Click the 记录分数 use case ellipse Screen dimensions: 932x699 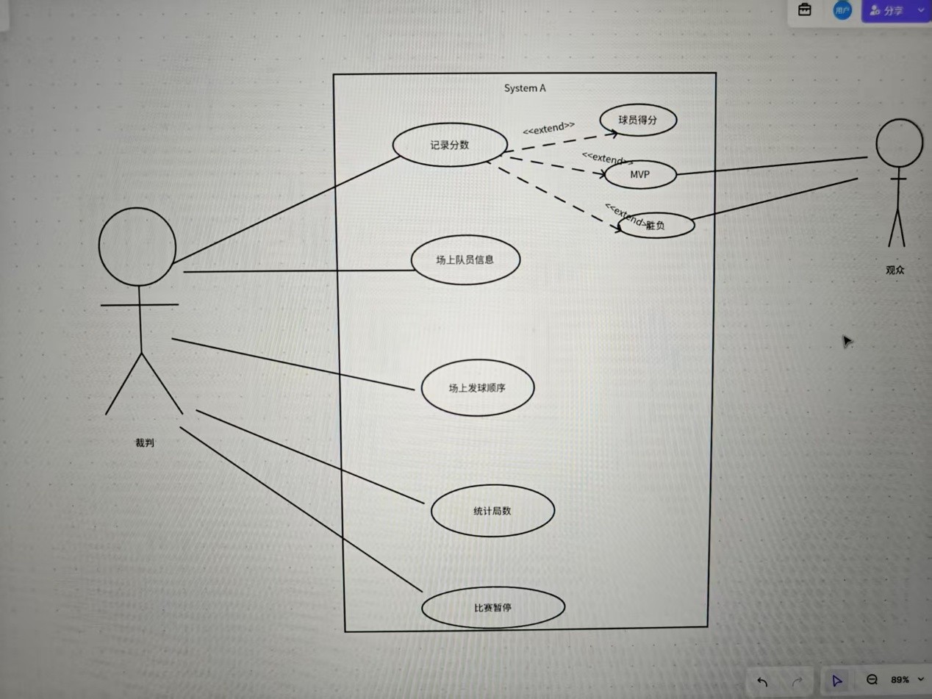(x=450, y=145)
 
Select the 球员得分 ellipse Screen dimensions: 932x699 (x=637, y=121)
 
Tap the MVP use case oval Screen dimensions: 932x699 (x=639, y=175)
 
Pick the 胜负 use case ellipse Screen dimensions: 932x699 (x=657, y=226)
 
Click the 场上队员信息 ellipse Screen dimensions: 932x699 (x=465, y=259)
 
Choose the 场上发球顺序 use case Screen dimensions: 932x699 (x=477, y=388)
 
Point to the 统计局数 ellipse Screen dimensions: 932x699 (x=492, y=511)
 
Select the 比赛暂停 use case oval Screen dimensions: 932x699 (x=492, y=608)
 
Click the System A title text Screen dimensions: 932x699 (x=525, y=88)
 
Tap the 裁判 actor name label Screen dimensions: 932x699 (x=145, y=442)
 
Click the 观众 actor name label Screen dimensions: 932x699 (x=895, y=270)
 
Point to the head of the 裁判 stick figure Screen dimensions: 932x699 (x=137, y=246)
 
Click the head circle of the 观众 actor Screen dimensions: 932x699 (x=899, y=143)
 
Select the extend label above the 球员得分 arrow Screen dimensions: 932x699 (x=548, y=128)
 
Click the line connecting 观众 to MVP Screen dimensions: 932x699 (x=772, y=166)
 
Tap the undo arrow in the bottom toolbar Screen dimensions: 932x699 (x=762, y=681)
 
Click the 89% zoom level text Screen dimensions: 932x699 (x=900, y=680)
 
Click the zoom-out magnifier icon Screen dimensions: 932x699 (x=872, y=681)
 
